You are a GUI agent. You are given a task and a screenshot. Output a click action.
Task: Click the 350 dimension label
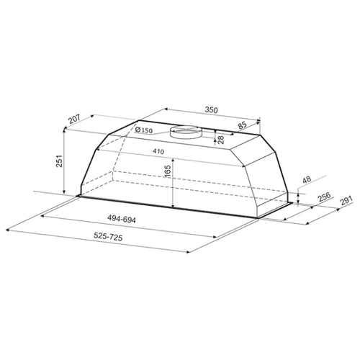211,110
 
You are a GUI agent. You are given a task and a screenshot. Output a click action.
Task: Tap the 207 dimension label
74,120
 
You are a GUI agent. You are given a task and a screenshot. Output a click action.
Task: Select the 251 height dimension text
59,161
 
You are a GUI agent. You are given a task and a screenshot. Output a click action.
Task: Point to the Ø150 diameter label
144,130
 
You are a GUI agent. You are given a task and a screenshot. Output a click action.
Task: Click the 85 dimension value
243,125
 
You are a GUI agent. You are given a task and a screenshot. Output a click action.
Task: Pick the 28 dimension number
220,140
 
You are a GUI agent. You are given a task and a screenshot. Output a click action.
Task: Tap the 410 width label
158,151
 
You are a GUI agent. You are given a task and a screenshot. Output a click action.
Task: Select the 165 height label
168,171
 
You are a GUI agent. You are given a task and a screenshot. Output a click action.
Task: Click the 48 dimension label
307,179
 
